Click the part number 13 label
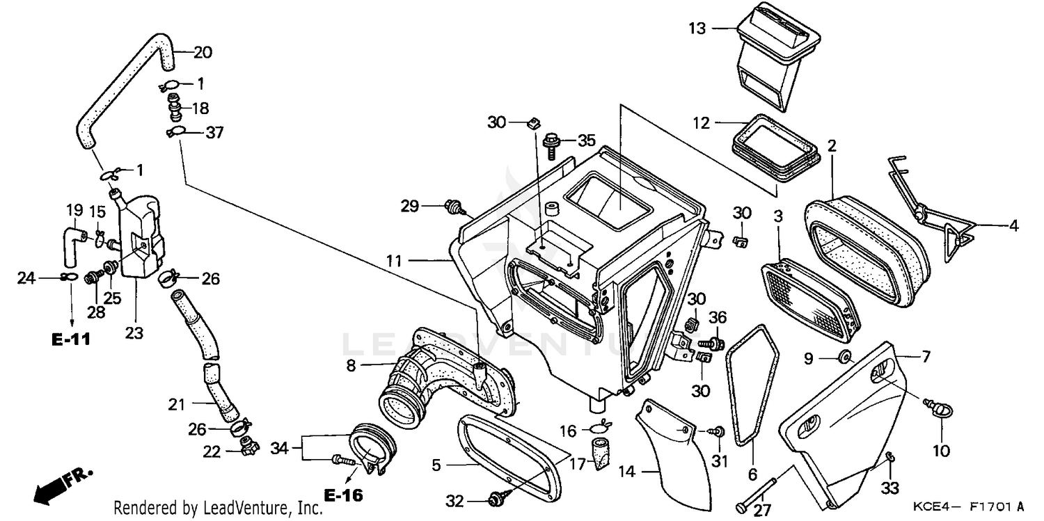pyautogui.click(x=697, y=29)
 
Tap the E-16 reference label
pyautogui.click(x=344, y=495)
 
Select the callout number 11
pyautogui.click(x=395, y=261)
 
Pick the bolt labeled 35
pyautogui.click(x=551, y=143)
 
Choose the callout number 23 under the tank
pyautogui.click(x=134, y=333)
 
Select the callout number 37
pyautogui.click(x=214, y=131)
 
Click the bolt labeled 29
pyautogui.click(x=452, y=206)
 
